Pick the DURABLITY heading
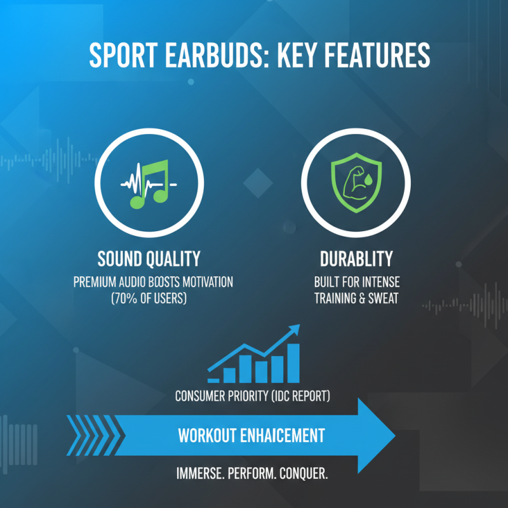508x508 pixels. tap(356, 258)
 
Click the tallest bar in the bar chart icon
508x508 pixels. tap(293, 363)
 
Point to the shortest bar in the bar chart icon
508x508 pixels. tap(213, 380)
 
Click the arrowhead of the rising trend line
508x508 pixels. tap(294, 330)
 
